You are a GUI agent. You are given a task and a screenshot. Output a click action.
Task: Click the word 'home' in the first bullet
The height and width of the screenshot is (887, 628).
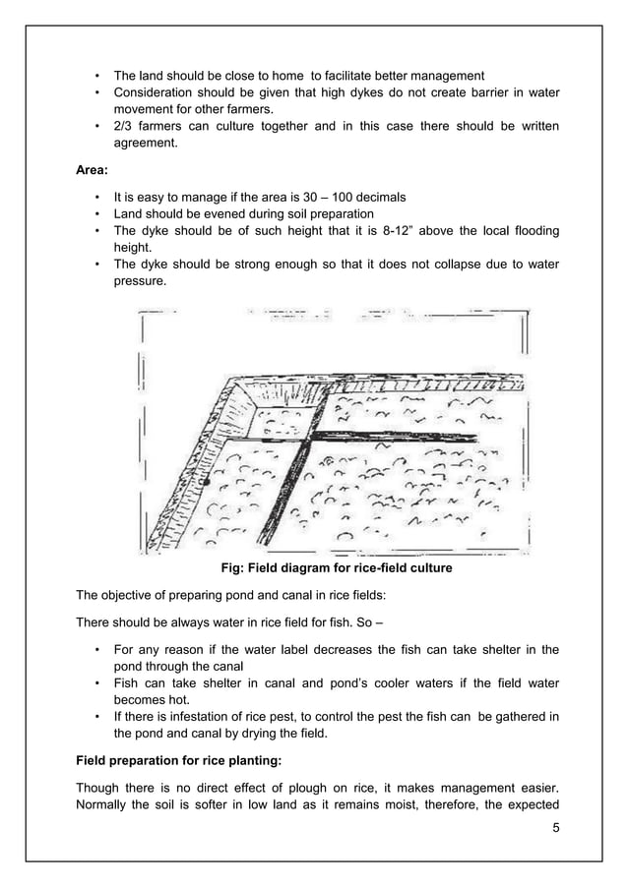click(287, 76)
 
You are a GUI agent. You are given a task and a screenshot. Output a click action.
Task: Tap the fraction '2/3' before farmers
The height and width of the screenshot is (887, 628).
click(125, 127)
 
